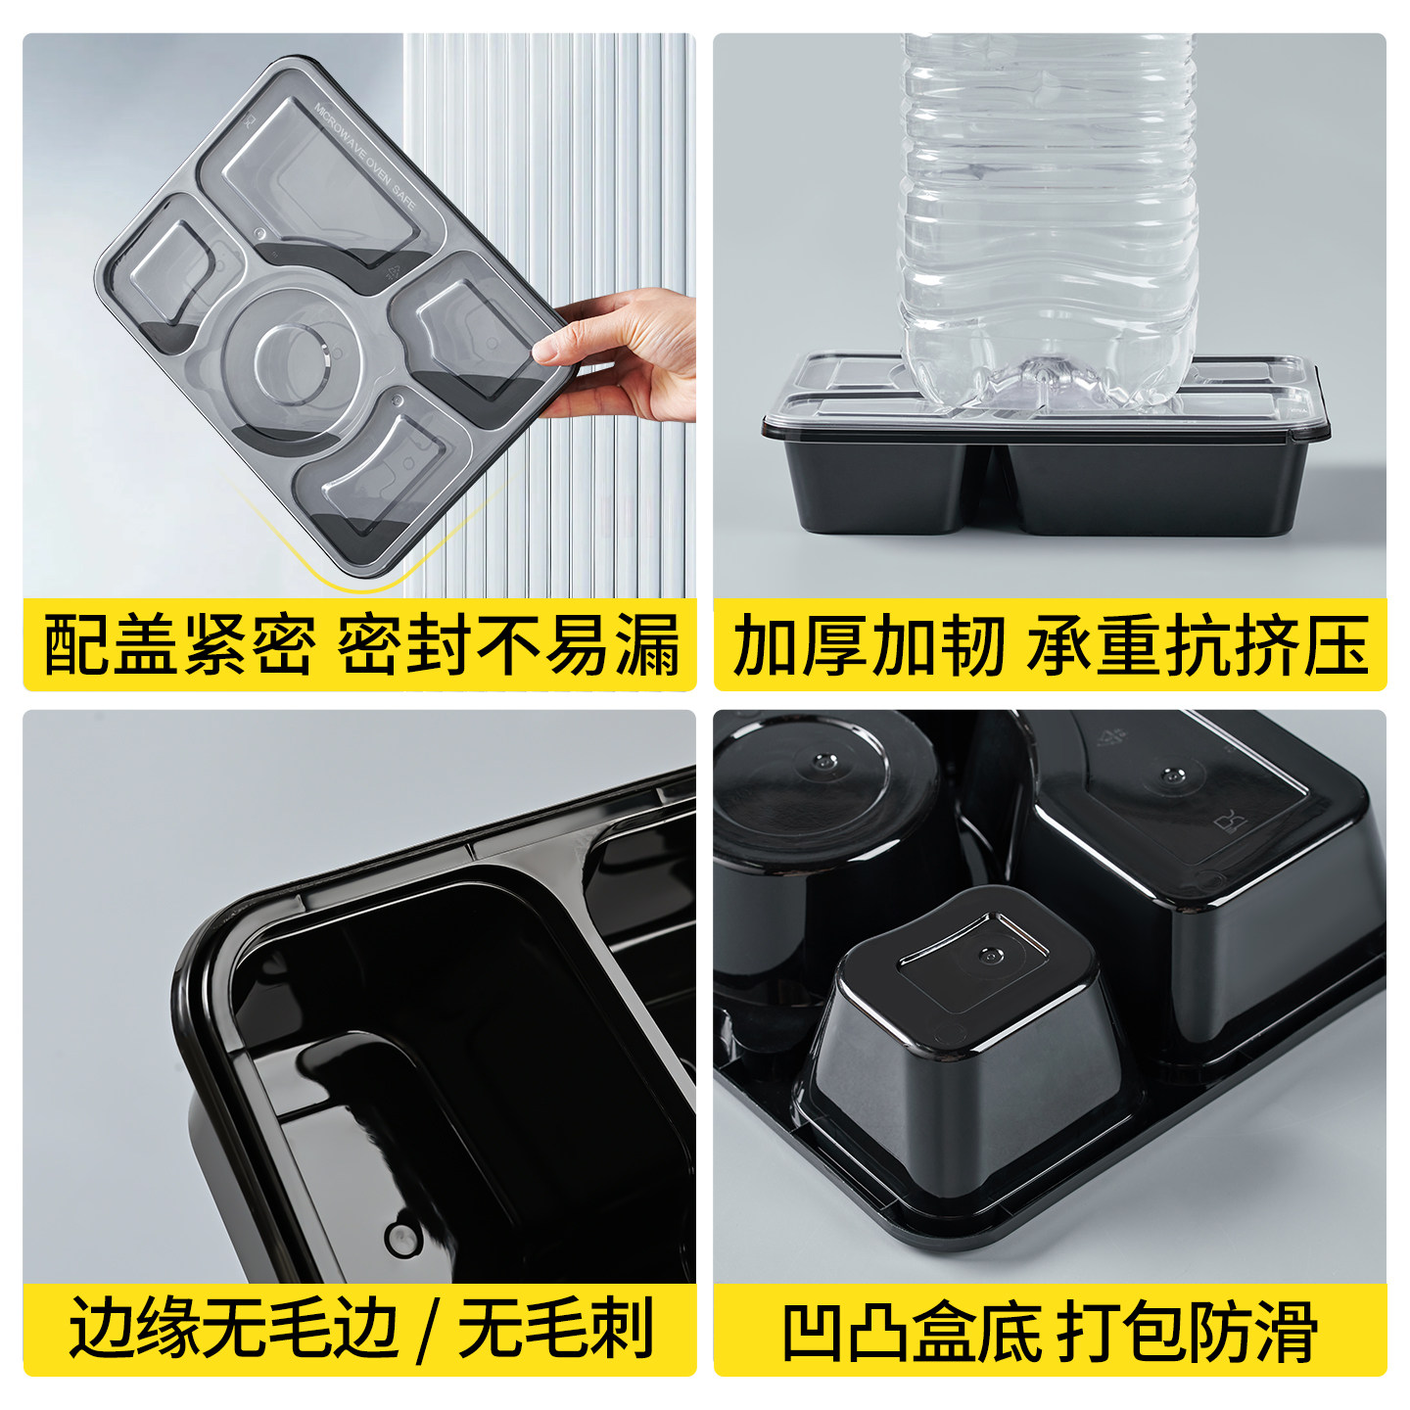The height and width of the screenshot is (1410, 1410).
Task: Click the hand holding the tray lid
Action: pyautogui.click(x=622, y=354)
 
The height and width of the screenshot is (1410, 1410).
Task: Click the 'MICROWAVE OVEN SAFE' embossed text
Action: pyautogui.click(x=363, y=156)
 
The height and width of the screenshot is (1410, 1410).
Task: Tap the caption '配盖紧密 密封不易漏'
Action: pyautogui.click(x=361, y=645)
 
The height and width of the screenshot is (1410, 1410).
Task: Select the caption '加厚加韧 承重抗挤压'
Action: pyautogui.click(x=1051, y=645)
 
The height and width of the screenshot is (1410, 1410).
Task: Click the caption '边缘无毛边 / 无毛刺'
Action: pyautogui.click(x=361, y=1328)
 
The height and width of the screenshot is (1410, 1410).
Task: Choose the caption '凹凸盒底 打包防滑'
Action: pyautogui.click(x=1051, y=1328)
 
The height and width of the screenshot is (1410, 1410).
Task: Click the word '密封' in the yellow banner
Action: pyautogui.click(x=403, y=645)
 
